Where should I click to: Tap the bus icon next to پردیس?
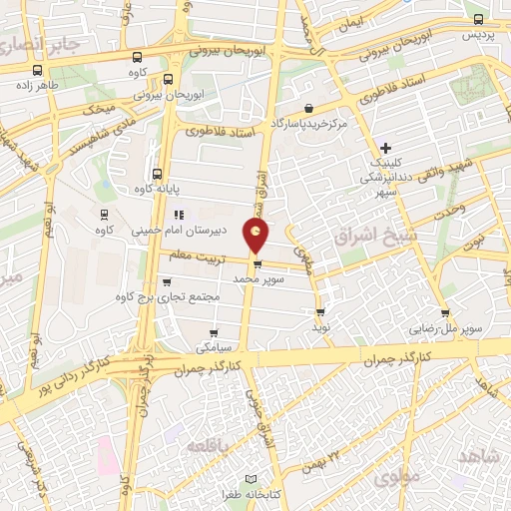(478, 18)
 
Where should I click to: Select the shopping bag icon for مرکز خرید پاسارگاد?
(308, 108)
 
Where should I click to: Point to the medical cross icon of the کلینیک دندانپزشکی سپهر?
(385, 148)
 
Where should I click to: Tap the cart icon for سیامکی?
(213, 333)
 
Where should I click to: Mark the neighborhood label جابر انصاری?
(38, 42)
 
